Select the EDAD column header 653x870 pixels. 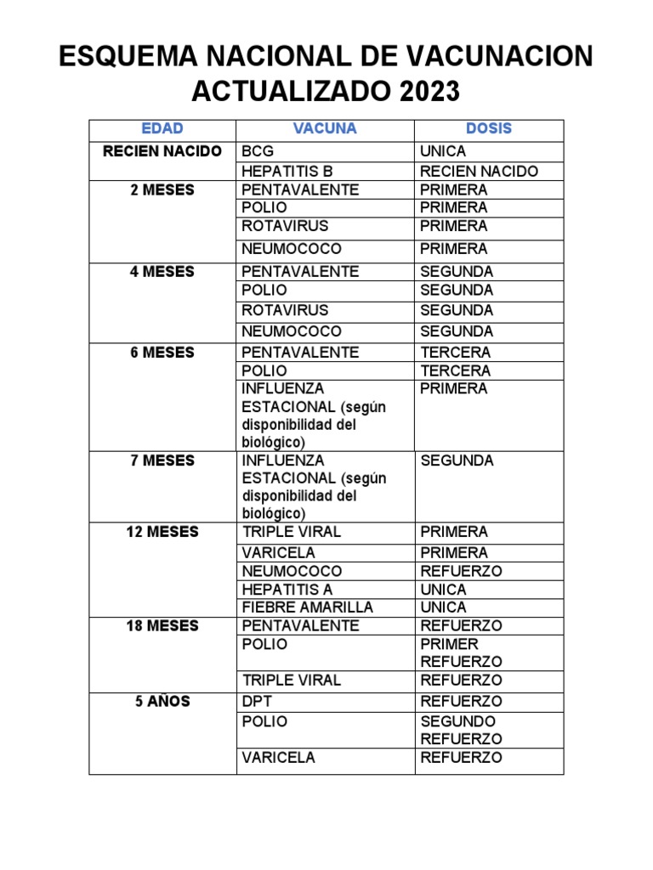coord(162,129)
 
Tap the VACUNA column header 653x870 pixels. coord(325,129)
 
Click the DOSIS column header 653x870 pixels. coord(489,129)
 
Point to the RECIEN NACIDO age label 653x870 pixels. coord(162,151)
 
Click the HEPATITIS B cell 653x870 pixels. coord(287,171)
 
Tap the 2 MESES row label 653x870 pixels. coord(162,189)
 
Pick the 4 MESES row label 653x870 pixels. coord(162,272)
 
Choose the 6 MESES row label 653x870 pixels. coord(162,353)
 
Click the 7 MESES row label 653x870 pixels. coord(162,460)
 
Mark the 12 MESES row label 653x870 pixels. coord(162,532)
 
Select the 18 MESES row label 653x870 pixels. coord(162,626)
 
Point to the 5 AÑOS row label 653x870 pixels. coord(162,702)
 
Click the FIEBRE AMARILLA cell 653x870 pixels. coord(307,607)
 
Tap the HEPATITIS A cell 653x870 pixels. coord(287,590)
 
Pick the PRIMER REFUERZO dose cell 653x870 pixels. coord(461,652)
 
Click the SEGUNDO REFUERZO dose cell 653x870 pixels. coord(461,730)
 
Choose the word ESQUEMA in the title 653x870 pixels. coord(139,56)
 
